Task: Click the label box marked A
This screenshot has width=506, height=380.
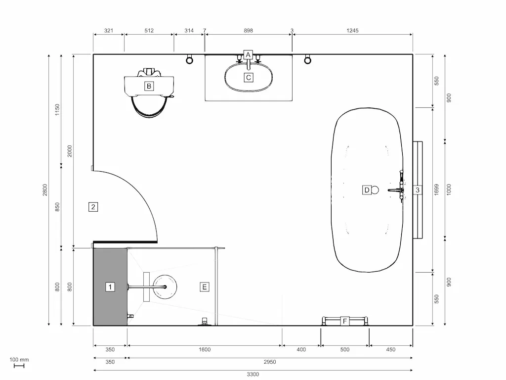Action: coord(248,55)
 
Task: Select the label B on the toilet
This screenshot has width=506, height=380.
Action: coord(148,86)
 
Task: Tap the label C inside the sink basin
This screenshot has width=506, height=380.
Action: coord(249,77)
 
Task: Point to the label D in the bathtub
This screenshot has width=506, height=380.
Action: coord(367,190)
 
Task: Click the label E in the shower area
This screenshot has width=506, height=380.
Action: coord(205,286)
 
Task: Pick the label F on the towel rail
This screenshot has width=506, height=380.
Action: coord(345,322)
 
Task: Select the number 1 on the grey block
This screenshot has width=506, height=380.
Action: coord(110,286)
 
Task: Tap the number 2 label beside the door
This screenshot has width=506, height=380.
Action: coord(93,207)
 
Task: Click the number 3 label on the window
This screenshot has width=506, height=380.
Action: coord(418,190)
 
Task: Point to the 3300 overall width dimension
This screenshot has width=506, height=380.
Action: coord(253,375)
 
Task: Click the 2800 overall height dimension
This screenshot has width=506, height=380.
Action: coord(44,190)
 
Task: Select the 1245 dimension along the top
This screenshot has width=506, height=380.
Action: coord(352,31)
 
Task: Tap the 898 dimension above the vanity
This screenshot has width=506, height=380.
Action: coord(249,31)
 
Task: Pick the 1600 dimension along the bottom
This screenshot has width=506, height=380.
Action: coord(205,350)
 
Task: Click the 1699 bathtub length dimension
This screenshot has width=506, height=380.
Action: coord(436,190)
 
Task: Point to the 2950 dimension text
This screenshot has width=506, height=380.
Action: coord(270,362)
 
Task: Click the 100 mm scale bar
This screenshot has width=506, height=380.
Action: coord(19,366)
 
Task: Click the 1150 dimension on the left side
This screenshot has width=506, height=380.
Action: coord(57,110)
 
